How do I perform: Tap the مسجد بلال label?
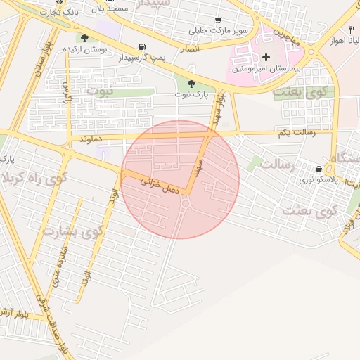click(110, 8)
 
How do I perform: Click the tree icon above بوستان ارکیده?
click(85, 38)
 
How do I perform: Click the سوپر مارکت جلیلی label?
click(218, 31)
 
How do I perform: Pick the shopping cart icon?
click(218, 20)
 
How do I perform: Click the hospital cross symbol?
click(266, 56)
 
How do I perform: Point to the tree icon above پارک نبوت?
click(192, 84)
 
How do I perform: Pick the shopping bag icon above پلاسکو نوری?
click(319, 169)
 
